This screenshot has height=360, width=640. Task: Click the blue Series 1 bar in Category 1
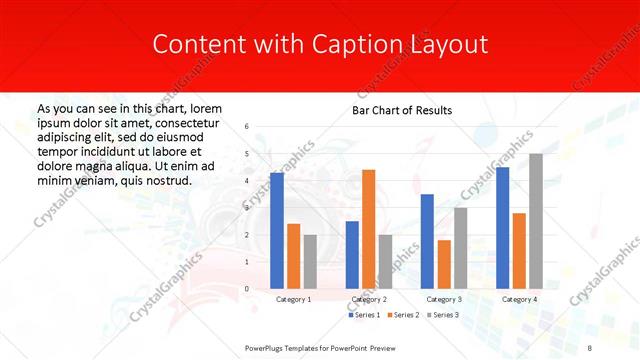(x=277, y=231)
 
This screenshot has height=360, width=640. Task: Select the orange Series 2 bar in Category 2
(x=368, y=229)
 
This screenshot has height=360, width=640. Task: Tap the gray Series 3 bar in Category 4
(x=536, y=221)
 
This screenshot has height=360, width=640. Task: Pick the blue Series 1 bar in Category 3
(x=427, y=241)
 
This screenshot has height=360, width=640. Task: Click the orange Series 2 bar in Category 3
(x=444, y=264)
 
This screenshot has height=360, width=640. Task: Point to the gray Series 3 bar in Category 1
(x=310, y=261)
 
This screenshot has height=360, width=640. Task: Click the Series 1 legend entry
(x=363, y=315)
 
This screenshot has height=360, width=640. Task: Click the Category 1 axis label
(x=293, y=299)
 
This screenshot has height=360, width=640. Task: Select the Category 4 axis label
(x=519, y=299)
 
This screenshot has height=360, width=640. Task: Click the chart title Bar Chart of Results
(x=402, y=110)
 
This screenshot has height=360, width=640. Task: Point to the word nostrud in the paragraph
(x=164, y=180)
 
